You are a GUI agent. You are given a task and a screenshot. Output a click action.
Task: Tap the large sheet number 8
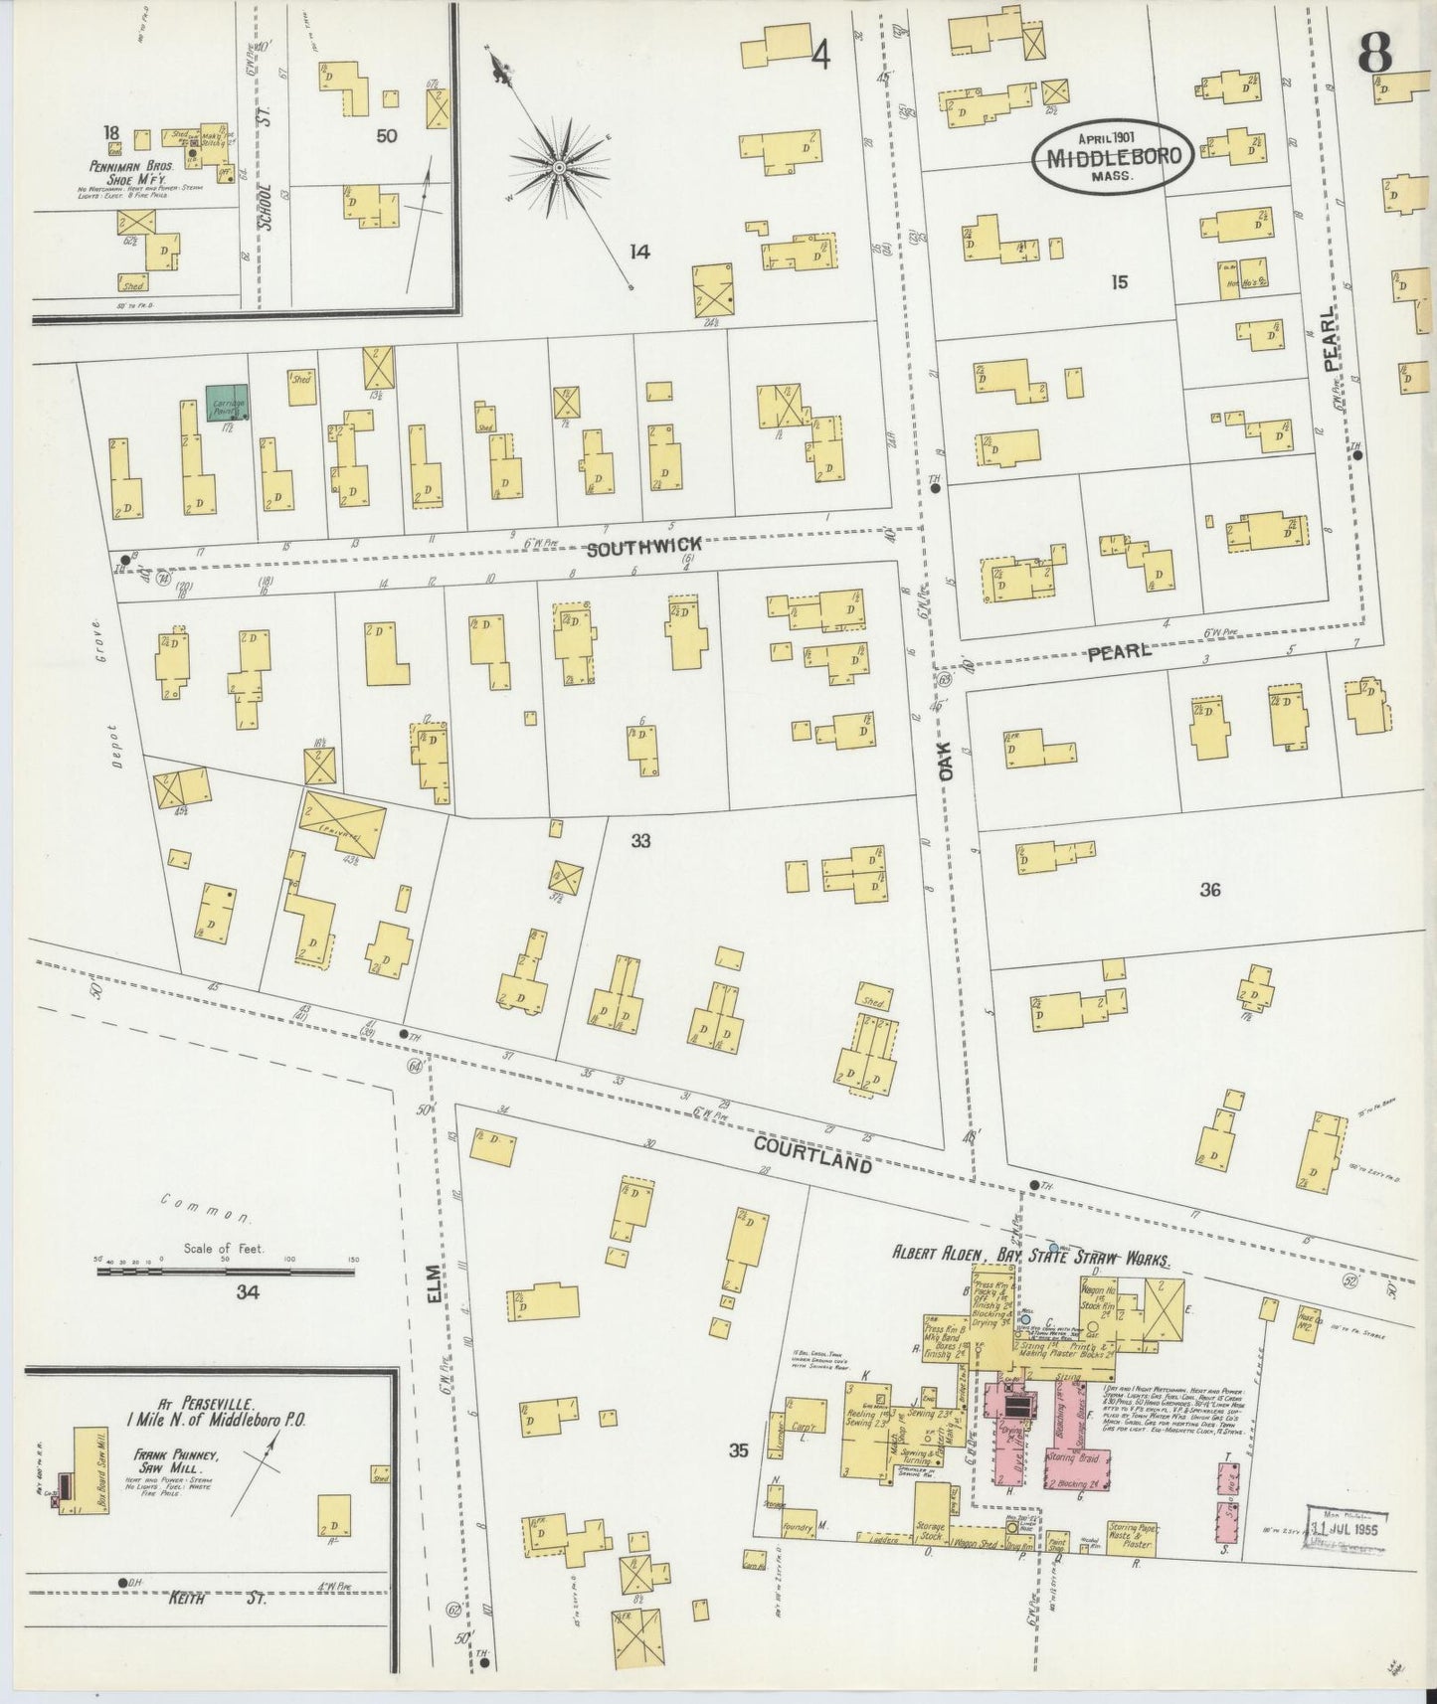[x=1375, y=53]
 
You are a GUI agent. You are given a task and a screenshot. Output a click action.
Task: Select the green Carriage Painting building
[x=227, y=403]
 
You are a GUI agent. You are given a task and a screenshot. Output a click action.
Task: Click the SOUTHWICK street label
[x=642, y=545]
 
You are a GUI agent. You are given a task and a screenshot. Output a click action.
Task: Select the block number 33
[x=640, y=841]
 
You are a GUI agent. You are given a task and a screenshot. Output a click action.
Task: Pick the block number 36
[x=1209, y=890]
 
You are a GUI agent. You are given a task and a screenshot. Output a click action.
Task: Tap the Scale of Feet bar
[x=227, y=1271]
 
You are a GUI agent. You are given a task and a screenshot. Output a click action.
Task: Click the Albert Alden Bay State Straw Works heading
[x=1030, y=1256]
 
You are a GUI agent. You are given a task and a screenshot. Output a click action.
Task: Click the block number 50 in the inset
[x=387, y=135]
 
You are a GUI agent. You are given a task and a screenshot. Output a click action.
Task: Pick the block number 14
[x=639, y=253]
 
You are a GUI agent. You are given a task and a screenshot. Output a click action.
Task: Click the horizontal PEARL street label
[x=1119, y=652]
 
